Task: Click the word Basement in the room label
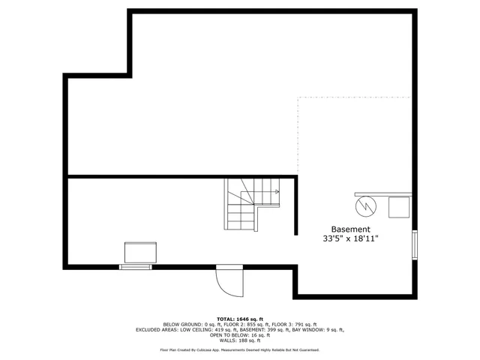(351, 229)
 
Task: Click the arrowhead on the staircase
(277, 192)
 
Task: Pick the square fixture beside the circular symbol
(399, 206)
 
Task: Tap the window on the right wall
(415, 245)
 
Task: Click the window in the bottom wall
(136, 266)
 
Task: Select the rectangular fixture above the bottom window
(140, 253)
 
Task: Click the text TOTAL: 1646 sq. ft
(240, 319)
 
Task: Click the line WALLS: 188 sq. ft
(240, 340)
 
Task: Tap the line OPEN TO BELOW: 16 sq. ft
(240, 335)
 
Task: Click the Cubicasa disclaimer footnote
(240, 349)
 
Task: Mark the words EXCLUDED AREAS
(157, 329)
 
